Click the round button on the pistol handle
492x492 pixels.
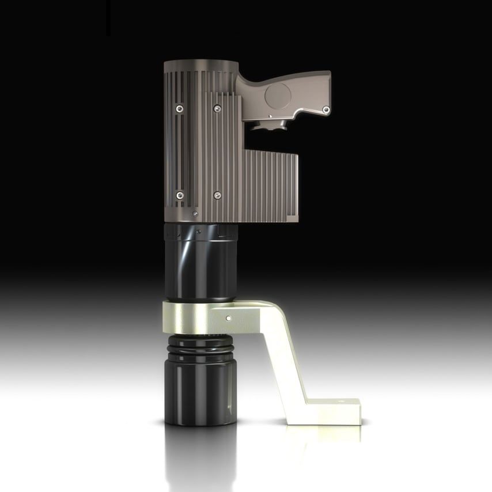coord(278,96)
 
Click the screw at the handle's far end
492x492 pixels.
coord(326,108)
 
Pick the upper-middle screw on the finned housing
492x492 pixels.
coord(217,108)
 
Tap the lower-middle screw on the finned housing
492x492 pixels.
coord(217,195)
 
